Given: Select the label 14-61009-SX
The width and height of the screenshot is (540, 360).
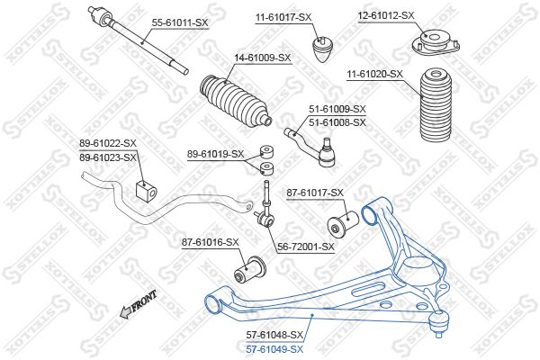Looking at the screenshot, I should (263, 58).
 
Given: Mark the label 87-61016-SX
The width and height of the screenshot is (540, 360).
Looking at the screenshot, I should (210, 242).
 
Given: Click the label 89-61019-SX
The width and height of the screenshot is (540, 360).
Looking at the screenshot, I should (216, 154).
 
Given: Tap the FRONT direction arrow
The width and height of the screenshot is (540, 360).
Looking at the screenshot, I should (138, 303).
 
